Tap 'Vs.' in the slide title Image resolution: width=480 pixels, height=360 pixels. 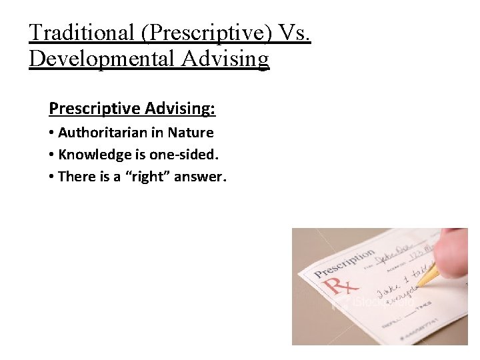[293, 32]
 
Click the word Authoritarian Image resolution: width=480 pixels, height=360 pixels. [104, 133]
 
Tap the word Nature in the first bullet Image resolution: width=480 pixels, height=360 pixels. [191, 133]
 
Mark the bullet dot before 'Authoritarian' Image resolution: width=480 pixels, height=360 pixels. [51, 133]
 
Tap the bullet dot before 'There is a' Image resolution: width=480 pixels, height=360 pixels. [51, 177]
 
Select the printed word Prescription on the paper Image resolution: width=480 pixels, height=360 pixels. [345, 265]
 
